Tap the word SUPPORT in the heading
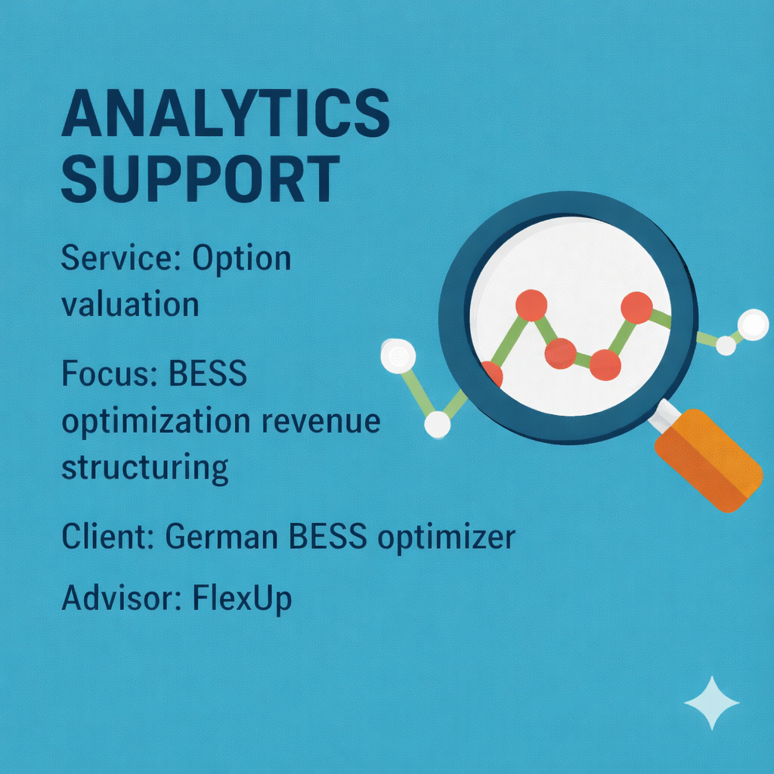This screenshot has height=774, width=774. pos(200,180)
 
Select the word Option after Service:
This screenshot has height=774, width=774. pos(241,259)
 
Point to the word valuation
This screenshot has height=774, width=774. pos(130,304)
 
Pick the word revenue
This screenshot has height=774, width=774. pos(320,420)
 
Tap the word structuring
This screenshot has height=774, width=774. pos(144,467)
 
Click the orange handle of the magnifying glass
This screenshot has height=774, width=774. pos(708,461)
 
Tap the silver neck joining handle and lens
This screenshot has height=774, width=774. pos(667,414)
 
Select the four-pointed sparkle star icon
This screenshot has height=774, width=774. pos(711,703)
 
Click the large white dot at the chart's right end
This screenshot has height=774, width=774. pos(753,325)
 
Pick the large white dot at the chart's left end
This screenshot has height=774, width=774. pos(398,356)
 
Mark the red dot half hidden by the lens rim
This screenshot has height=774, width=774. pos(491,373)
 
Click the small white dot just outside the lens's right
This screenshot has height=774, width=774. pos(726,345)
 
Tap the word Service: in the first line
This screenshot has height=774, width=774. pos(121,259)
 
